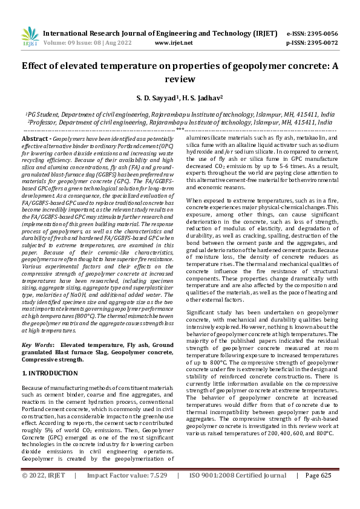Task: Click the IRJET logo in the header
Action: pyautogui.click(x=30, y=37)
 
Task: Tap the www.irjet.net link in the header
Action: pyautogui.click(x=174, y=43)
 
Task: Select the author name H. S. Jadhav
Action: pyautogui.click(x=201, y=97)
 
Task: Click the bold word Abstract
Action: pyautogui.click(x=34, y=138)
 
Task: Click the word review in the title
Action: pyautogui.click(x=180, y=79)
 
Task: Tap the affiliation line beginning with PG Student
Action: pyautogui.click(x=180, y=114)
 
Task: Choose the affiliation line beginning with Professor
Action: pyautogui.click(x=180, y=122)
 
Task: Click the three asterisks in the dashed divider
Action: pyautogui.click(x=180, y=129)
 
